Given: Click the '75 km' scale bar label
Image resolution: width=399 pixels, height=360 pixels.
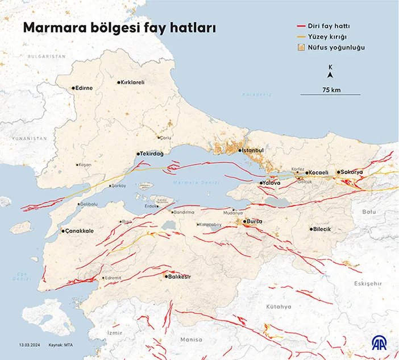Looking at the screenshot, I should [331, 90].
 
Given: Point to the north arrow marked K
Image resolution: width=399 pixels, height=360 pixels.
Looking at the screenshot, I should [331, 71].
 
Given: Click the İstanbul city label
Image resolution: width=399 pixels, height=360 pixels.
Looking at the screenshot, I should [253, 150].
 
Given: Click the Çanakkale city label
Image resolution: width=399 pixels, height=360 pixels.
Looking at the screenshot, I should [80, 231].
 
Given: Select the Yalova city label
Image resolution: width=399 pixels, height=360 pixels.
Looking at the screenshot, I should [272, 183].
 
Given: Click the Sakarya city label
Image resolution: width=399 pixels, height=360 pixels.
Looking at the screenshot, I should [352, 172].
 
